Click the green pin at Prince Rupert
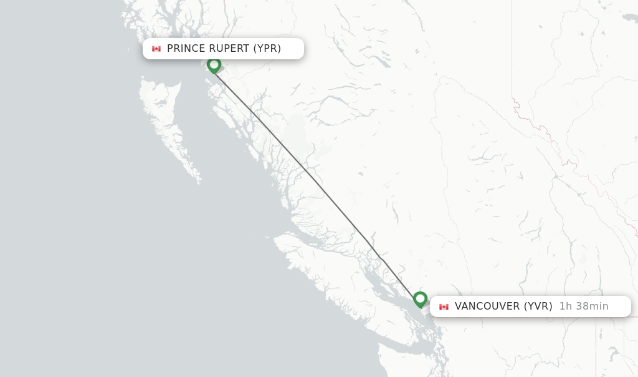coord(214,64)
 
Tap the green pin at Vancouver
coord(420,299)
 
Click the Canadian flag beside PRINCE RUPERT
coord(156,49)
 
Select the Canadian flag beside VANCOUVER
coord(444,306)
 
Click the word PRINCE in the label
coord(186,49)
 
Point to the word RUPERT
coord(229,49)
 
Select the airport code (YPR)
coord(267,49)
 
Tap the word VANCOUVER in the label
coord(487,306)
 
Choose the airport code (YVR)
coord(538,306)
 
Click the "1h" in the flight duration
coord(565,306)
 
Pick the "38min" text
coord(591,306)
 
